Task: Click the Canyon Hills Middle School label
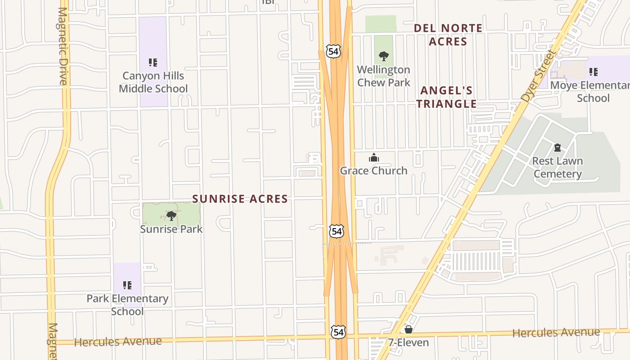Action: pyautogui.click(x=153, y=82)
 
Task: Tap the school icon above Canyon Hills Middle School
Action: pyautogui.click(x=153, y=63)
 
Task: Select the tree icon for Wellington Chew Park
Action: pyautogui.click(x=384, y=56)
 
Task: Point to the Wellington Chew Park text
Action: pyautogui.click(x=384, y=76)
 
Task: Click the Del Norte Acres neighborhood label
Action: pyautogui.click(x=448, y=35)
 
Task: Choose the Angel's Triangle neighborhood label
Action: pyautogui.click(x=446, y=97)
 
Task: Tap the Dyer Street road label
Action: pyautogui.click(x=538, y=76)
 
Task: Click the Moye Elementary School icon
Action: pyautogui.click(x=594, y=72)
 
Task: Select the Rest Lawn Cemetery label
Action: pyautogui.click(x=558, y=167)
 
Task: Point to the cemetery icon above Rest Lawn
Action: pyautogui.click(x=558, y=148)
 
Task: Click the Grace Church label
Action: pyautogui.click(x=373, y=171)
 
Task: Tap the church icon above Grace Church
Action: pyautogui.click(x=373, y=157)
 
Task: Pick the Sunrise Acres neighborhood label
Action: pyautogui.click(x=240, y=198)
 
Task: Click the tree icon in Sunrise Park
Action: pyautogui.click(x=171, y=216)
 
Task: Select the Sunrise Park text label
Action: pyautogui.click(x=171, y=229)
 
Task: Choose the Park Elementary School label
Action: pyautogui.click(x=127, y=305)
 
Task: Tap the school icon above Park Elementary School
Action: pyautogui.click(x=127, y=285)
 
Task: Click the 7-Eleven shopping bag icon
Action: pyautogui.click(x=409, y=330)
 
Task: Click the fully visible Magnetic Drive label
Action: pyautogui.click(x=63, y=46)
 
